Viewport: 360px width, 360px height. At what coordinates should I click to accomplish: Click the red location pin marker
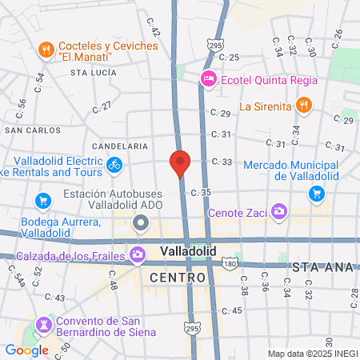point(180,162)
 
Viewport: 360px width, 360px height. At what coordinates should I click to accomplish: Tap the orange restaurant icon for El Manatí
point(46,50)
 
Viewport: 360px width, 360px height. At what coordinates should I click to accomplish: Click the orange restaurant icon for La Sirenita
point(303,105)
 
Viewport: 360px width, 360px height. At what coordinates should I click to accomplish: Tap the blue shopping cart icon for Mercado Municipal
point(318,193)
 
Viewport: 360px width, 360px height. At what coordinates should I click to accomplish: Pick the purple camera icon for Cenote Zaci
point(278,212)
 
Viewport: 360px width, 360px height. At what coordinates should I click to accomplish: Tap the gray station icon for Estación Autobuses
point(141,222)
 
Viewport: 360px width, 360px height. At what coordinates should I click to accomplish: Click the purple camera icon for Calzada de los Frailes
point(138,254)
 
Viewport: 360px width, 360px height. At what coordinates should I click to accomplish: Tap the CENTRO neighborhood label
point(178,277)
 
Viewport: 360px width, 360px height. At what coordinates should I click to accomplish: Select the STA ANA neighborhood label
point(323,266)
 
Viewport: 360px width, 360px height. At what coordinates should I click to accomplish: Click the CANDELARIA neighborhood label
point(120,146)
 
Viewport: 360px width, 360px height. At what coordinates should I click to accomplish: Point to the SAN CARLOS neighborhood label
point(32,130)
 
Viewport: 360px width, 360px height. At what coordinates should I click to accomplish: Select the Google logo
point(26,350)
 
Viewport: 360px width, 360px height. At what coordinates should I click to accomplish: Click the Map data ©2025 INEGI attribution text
point(312,354)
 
